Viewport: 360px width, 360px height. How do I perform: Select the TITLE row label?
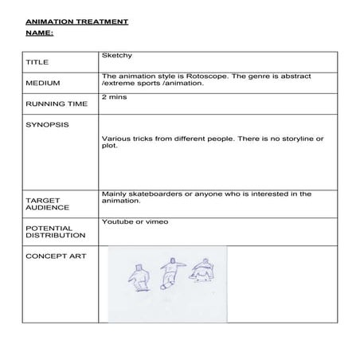(x=37, y=61)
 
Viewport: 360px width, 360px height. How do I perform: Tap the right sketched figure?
(x=203, y=270)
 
